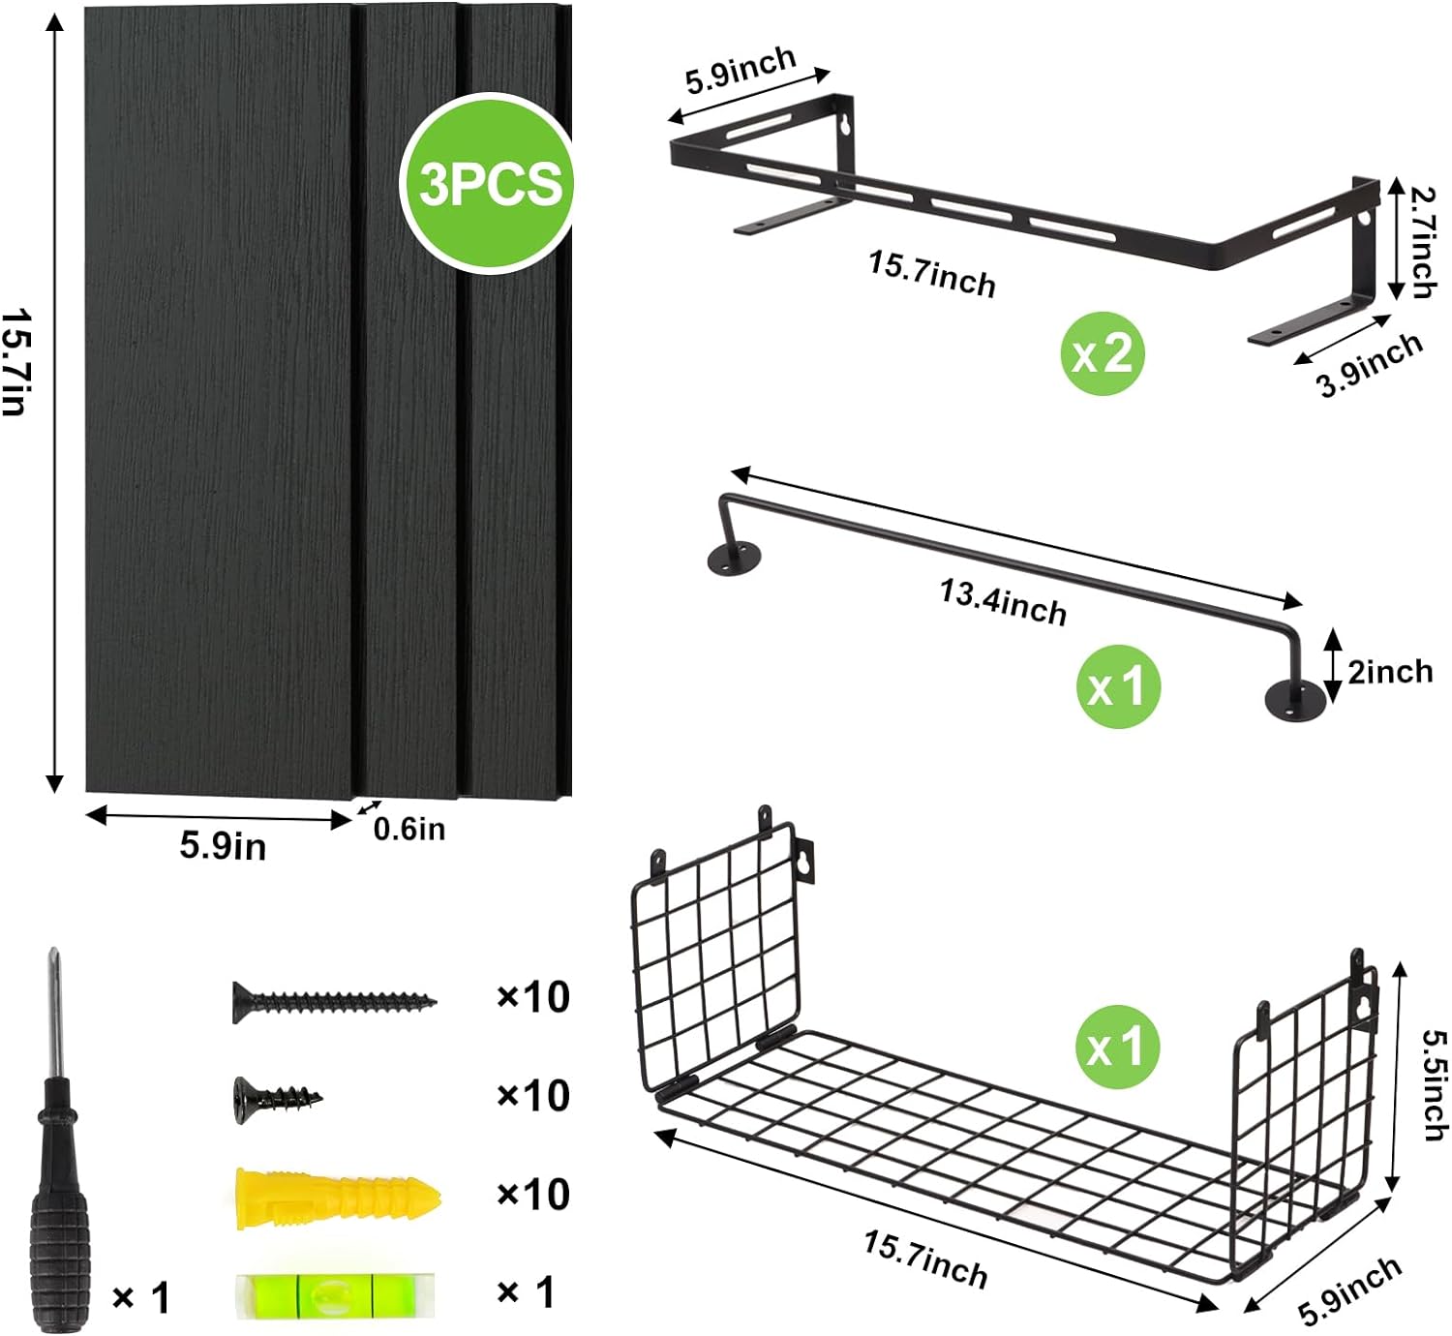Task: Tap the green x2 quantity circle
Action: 1102,353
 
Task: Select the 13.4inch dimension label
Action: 1003,602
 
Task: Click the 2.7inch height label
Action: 1423,243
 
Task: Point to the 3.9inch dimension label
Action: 1370,366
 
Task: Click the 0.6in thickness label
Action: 408,830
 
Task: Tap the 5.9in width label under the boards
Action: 223,846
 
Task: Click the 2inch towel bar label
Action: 1390,672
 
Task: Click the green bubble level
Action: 335,1294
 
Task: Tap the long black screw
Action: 334,1002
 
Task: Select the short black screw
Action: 277,1100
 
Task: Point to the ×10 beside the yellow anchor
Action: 533,1194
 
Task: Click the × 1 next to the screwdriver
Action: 142,1296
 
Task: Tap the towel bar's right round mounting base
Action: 1295,700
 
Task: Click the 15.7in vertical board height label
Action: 15,363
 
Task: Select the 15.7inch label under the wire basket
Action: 925,1260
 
